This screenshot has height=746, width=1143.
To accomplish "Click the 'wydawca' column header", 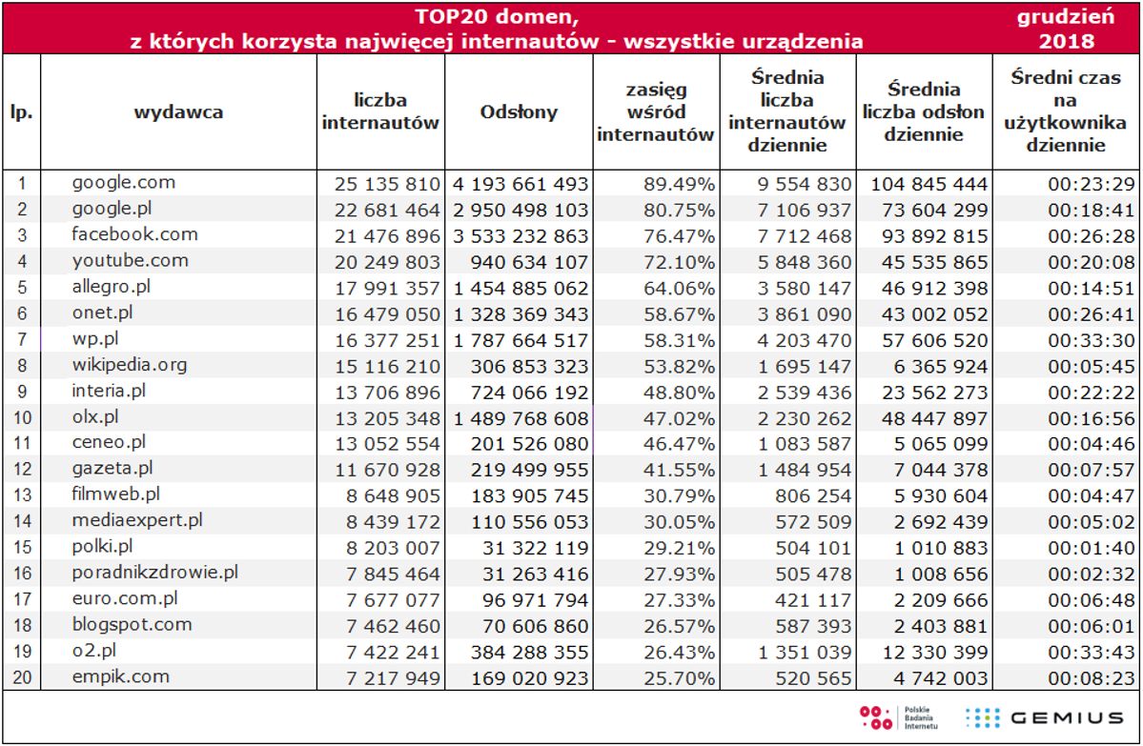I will [x=179, y=112].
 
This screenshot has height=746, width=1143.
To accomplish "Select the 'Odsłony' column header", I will [x=520, y=112].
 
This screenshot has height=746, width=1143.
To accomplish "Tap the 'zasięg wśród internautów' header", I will [x=656, y=112].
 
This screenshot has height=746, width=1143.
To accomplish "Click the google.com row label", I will [x=124, y=183].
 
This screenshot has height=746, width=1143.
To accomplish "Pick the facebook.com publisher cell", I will [x=134, y=234].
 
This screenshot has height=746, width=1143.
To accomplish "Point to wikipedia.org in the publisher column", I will [x=130, y=365].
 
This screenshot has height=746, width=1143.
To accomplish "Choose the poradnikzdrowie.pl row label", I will [x=154, y=573].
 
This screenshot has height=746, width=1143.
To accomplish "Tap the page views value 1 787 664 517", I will [x=520, y=340].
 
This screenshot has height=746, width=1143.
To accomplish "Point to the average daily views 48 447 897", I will [x=929, y=418].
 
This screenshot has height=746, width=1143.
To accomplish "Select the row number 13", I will [x=22, y=495].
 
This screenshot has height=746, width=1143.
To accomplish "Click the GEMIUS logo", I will [x=1045, y=717].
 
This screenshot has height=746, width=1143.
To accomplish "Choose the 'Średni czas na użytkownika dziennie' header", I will [x=1066, y=112].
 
